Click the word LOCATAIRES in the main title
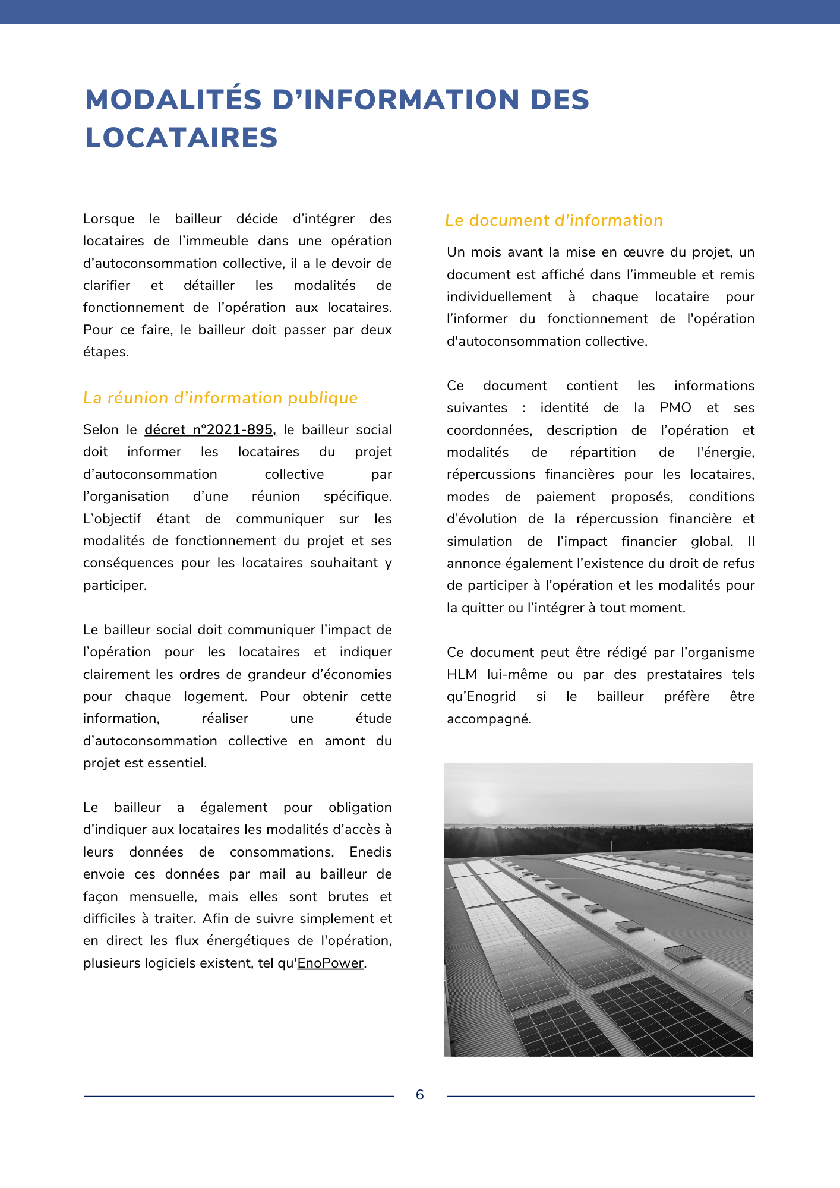pos(181,138)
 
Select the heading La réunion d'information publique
pos(220,398)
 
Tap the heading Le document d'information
pos(554,220)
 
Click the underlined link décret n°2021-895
pos(209,429)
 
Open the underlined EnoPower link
pos(330,963)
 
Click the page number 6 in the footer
pos(420,1095)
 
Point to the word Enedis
pos(370,852)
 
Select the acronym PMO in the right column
pos(675,407)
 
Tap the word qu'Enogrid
pos(481,696)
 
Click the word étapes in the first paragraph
pos(106,352)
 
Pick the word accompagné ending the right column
pos(488,719)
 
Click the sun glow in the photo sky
pos(486,805)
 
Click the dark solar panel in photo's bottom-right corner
pos(671,1016)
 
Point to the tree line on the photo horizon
pos(594,838)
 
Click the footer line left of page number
pos(238,1096)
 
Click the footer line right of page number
pos(600,1096)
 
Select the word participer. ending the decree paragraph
pos(115,585)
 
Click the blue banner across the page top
pos(420,11)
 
